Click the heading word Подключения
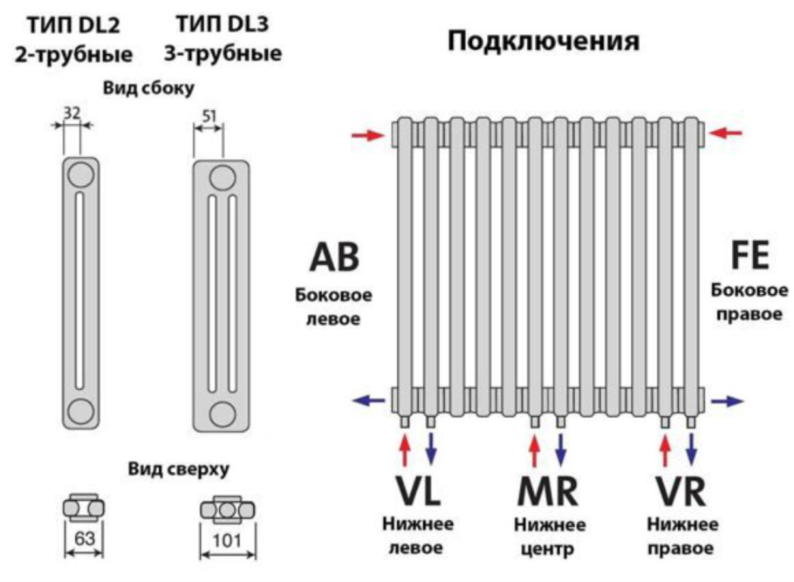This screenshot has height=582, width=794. pos(544,42)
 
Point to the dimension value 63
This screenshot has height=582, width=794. pos(84,538)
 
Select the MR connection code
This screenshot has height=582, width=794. pos(546,493)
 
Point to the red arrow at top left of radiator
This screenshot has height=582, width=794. pos(368,135)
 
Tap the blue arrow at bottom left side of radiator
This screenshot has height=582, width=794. pos(368,401)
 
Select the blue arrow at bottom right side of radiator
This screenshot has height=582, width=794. pos(727,401)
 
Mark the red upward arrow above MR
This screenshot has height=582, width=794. pos(535,448)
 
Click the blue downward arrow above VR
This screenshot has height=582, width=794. pos(692,448)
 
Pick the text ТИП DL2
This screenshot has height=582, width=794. pos(73,24)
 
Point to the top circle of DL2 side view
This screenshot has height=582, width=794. pos(80,173)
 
